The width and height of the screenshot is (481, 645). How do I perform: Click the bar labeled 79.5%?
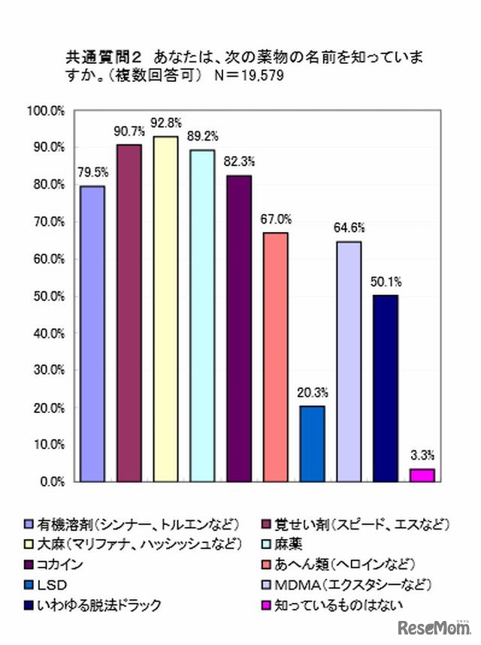pyautogui.click(x=92, y=333)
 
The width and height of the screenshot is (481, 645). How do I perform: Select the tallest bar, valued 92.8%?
pyautogui.click(x=165, y=309)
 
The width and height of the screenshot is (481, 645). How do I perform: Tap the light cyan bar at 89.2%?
pyautogui.click(x=202, y=315)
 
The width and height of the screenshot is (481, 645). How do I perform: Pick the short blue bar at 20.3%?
pyautogui.click(x=313, y=443)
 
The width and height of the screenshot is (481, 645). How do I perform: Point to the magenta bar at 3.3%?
pyautogui.click(x=422, y=475)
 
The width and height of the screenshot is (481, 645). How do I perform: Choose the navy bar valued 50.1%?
pyautogui.click(x=386, y=387)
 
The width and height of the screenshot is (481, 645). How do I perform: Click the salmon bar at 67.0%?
pyautogui.click(x=276, y=357)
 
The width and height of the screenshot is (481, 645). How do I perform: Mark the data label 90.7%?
pyautogui.click(x=128, y=130)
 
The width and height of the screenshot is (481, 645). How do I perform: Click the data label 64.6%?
pyautogui.click(x=349, y=228)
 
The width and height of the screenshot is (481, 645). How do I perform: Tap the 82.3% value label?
pyautogui.click(x=239, y=161)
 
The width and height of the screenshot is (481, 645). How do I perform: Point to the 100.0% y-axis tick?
pyautogui.click(x=47, y=110)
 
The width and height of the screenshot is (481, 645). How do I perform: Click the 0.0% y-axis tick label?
pyautogui.click(x=51, y=481)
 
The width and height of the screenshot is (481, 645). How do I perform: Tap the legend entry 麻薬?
pyautogui.click(x=275, y=543)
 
